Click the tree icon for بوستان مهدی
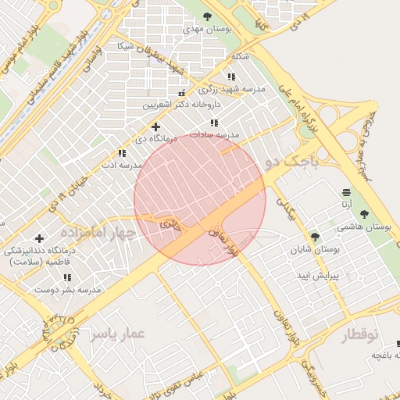207,16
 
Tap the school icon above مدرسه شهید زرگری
230,77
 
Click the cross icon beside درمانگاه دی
155,127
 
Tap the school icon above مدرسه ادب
121,154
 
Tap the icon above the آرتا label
346,192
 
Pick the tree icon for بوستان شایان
315,237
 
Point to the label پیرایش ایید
316,277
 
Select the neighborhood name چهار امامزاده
98,233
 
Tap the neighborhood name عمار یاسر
118,334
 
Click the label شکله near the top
241,57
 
